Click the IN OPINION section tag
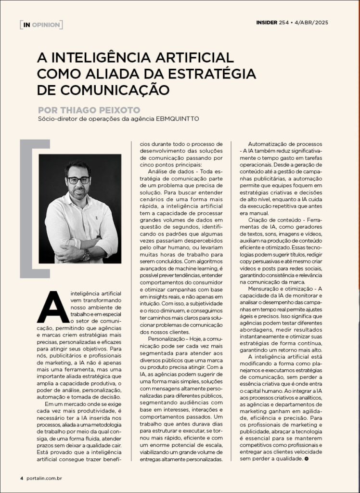coord(41,24)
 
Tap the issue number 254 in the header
coord(284,22)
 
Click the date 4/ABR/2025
coord(312,22)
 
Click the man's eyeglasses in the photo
coord(78,180)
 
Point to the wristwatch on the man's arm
coord(87,255)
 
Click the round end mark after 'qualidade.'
coord(307,459)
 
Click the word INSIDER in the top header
coord(266,22)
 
